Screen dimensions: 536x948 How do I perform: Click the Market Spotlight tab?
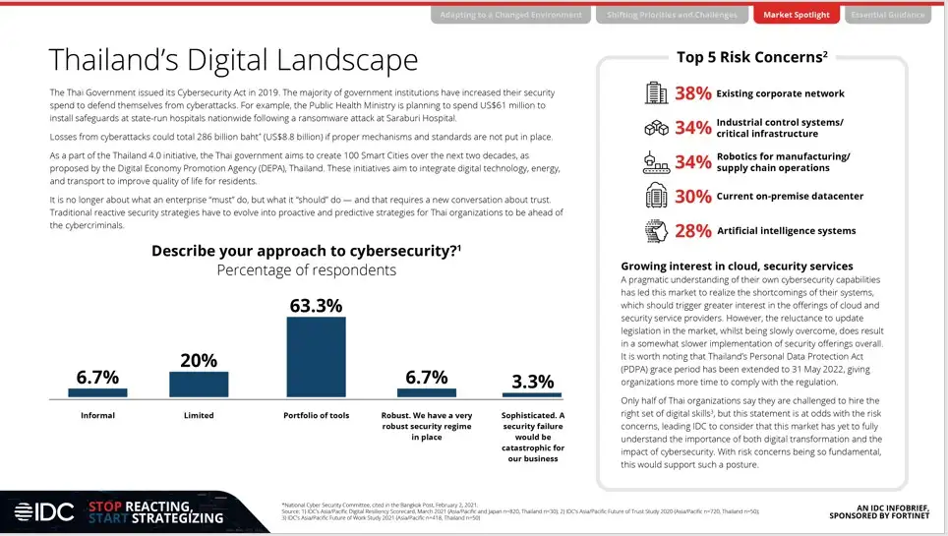[x=797, y=15]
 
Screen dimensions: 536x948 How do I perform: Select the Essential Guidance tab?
[x=887, y=15]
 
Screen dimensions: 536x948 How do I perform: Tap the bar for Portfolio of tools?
[x=316, y=356]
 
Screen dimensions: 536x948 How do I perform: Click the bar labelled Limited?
[x=199, y=384]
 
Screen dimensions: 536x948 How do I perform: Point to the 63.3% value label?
[x=316, y=305]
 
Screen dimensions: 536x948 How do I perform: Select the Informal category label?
[x=97, y=416]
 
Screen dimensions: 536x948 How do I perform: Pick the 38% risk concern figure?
[x=692, y=94]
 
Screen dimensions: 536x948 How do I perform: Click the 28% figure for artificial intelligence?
[x=692, y=231]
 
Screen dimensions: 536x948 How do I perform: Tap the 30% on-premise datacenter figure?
[x=692, y=197]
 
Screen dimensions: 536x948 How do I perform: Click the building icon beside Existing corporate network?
[x=656, y=94]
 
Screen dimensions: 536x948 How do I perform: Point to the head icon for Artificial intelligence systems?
[x=656, y=231]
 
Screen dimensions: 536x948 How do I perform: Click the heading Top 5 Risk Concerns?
[x=751, y=57]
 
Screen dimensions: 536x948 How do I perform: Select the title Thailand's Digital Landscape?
[x=233, y=60]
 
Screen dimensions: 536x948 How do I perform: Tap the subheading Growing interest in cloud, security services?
[x=737, y=267]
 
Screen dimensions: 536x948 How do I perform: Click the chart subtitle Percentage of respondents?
[x=306, y=269]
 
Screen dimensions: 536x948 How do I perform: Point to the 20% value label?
[x=199, y=360]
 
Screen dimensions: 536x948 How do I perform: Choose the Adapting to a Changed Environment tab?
[x=510, y=15]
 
